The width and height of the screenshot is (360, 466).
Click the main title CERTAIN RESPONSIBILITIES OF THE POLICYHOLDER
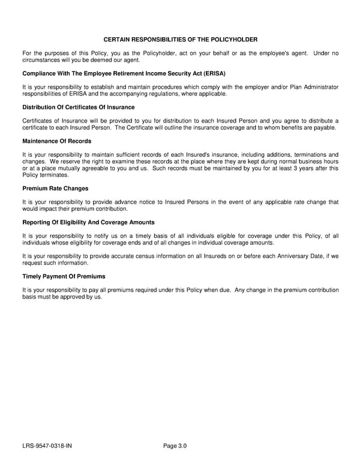click(180, 39)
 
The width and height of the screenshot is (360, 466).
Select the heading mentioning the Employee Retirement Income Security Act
click(124, 73)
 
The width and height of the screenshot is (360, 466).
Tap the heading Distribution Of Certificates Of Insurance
click(78, 107)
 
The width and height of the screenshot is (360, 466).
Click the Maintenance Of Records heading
click(57, 141)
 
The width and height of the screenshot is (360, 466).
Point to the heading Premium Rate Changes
click(55, 188)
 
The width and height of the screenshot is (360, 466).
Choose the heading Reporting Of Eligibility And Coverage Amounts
click(88, 222)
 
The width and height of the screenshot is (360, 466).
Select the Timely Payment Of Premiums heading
click(64, 276)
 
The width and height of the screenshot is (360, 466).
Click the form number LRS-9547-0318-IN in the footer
click(48, 446)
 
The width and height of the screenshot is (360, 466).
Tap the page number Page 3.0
click(175, 446)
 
